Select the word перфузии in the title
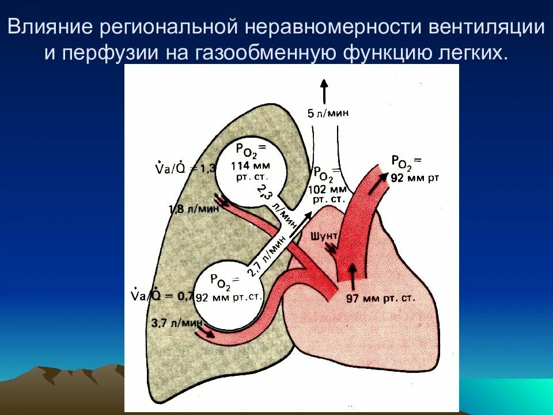tap(109, 53)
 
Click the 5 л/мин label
tap(328, 114)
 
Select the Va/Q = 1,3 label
tap(184, 168)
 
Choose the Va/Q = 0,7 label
tap(162, 296)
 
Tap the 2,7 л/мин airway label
tap(267, 256)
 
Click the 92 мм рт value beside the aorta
tap(415, 178)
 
